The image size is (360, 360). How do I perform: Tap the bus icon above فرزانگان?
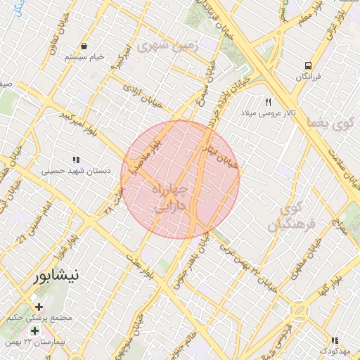(308, 66)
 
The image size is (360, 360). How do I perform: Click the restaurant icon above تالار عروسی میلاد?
(268, 102)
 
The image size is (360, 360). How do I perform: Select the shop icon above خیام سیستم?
(84, 46)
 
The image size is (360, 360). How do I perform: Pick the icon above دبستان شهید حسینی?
(75, 160)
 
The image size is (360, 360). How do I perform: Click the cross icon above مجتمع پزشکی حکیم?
(39, 307)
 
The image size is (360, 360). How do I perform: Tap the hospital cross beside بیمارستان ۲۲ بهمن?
(34, 330)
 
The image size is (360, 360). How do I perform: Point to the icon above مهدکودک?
(334, 340)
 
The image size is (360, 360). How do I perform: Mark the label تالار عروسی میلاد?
(266, 112)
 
